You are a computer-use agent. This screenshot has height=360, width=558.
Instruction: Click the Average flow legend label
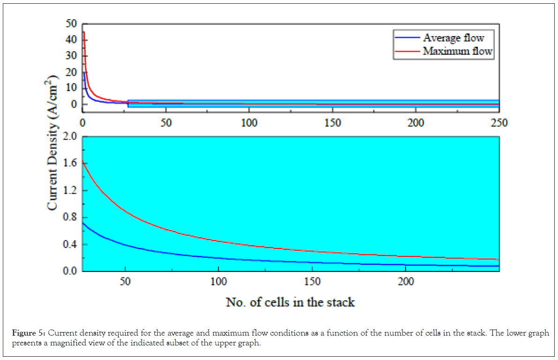[x=453, y=38]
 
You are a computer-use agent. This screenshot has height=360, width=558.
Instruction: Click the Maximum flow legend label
[x=457, y=51]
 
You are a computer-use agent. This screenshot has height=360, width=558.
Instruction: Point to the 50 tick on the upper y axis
[x=71, y=23]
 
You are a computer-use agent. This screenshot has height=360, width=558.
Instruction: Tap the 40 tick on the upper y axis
[x=71, y=40]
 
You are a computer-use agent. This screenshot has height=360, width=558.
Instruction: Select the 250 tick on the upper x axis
[x=499, y=123]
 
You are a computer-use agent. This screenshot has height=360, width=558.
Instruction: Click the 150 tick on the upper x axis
[x=332, y=123]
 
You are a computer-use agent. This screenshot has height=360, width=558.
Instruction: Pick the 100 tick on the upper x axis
[x=249, y=123]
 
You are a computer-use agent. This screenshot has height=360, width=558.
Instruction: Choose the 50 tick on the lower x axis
[x=125, y=282]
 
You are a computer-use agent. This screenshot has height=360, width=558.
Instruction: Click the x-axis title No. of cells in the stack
[x=290, y=302]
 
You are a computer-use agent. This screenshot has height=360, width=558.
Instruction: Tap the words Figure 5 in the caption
[x=29, y=333]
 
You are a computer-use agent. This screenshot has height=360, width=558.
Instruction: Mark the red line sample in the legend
[x=407, y=51]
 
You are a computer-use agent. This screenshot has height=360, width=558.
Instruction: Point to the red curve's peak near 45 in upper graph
[x=83, y=32]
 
